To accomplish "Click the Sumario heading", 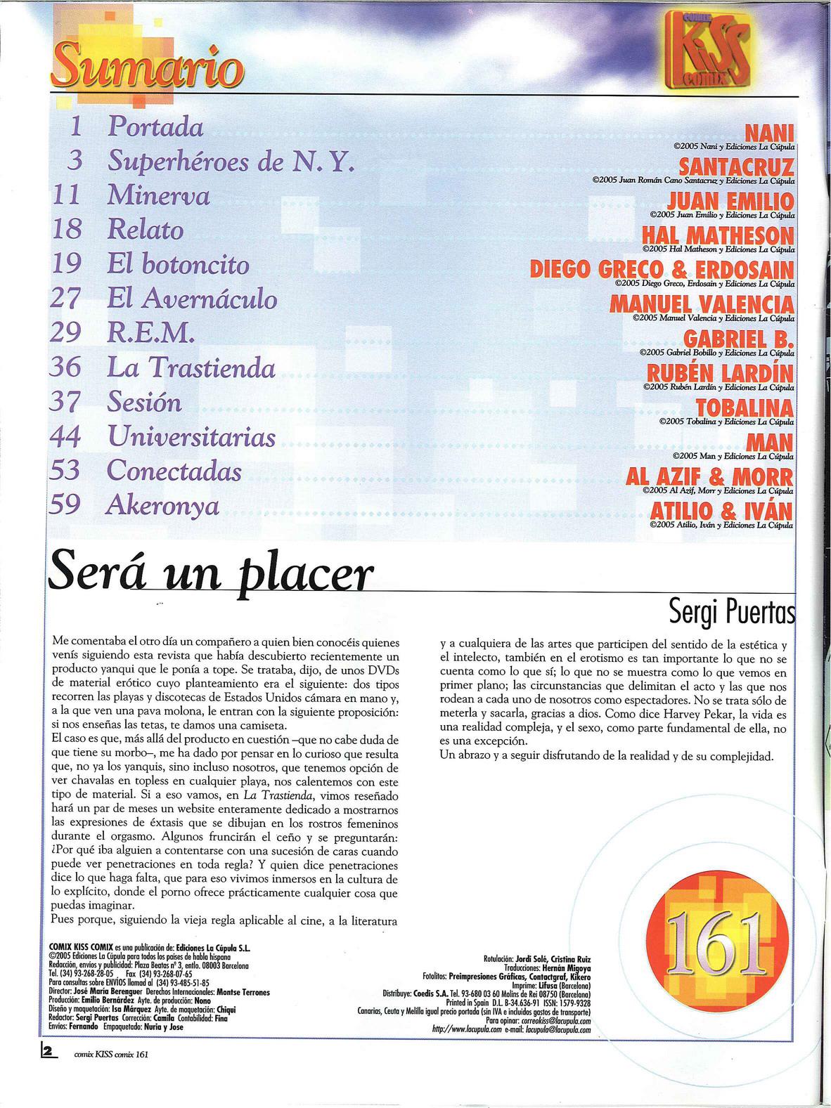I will click(x=148, y=67).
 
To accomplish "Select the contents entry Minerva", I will click(x=158, y=196).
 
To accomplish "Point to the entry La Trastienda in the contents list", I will click(x=191, y=368).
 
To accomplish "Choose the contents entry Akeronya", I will click(x=162, y=506).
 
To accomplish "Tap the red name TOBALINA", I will click(x=745, y=408).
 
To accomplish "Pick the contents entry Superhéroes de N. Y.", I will click(x=229, y=162).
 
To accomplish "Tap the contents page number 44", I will click(x=66, y=437).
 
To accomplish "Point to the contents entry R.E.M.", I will click(x=150, y=333).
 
